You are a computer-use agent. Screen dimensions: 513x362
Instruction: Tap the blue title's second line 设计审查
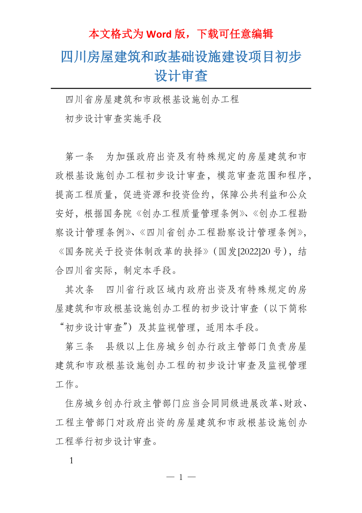coord(181,76)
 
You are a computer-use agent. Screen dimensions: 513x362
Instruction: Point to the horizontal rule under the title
coord(181,88)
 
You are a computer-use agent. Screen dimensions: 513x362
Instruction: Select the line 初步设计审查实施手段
coord(114,119)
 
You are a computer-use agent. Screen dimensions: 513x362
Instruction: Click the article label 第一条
coord(79,157)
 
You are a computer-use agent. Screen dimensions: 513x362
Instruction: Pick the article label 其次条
coord(79,290)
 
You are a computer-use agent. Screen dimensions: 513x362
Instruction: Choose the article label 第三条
coord(79,346)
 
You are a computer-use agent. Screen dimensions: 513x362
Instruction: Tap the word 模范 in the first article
coord(227,176)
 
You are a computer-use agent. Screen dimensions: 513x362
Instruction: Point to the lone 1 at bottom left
coord(71,460)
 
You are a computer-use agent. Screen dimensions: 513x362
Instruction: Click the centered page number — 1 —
coord(181,477)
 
